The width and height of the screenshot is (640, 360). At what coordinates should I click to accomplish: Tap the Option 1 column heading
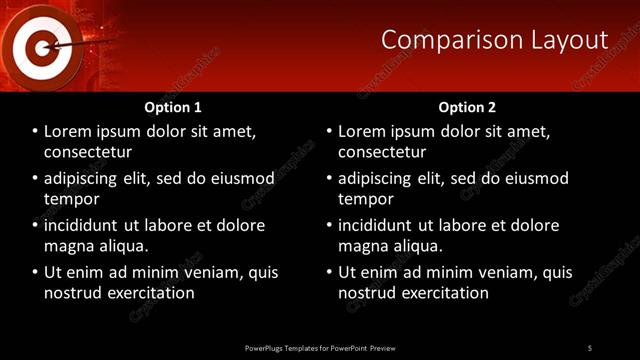pyautogui.click(x=173, y=107)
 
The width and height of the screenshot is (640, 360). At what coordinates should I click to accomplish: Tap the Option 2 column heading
pyautogui.click(x=467, y=107)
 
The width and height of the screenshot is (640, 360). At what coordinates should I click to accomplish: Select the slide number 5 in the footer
pyautogui.click(x=589, y=347)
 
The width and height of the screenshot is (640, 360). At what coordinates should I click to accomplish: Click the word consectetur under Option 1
pyautogui.click(x=88, y=152)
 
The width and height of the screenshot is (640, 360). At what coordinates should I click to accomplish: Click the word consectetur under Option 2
pyautogui.click(x=382, y=152)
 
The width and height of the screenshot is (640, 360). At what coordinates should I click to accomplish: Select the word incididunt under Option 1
pyautogui.click(x=89, y=226)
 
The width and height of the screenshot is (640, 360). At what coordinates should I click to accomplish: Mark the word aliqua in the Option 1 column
pyautogui.click(x=123, y=246)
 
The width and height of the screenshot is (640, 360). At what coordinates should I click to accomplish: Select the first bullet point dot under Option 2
pyautogui.click(x=330, y=132)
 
